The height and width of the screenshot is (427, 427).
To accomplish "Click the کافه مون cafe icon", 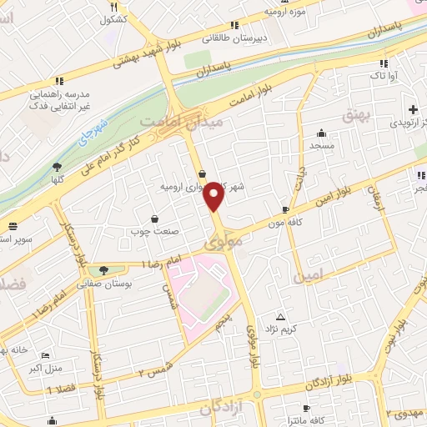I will pos(286,210).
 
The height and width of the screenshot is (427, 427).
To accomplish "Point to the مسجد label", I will pos(321,146).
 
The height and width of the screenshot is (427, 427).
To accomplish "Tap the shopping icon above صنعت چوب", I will pos(155,219).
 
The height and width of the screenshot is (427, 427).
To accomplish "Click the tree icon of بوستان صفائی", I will pos(103,269).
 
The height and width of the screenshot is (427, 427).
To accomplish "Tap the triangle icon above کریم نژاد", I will pos(280,317).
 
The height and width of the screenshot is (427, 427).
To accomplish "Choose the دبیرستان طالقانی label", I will pos(234,38).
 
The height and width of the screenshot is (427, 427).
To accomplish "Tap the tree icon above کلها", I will pos(57,166).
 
